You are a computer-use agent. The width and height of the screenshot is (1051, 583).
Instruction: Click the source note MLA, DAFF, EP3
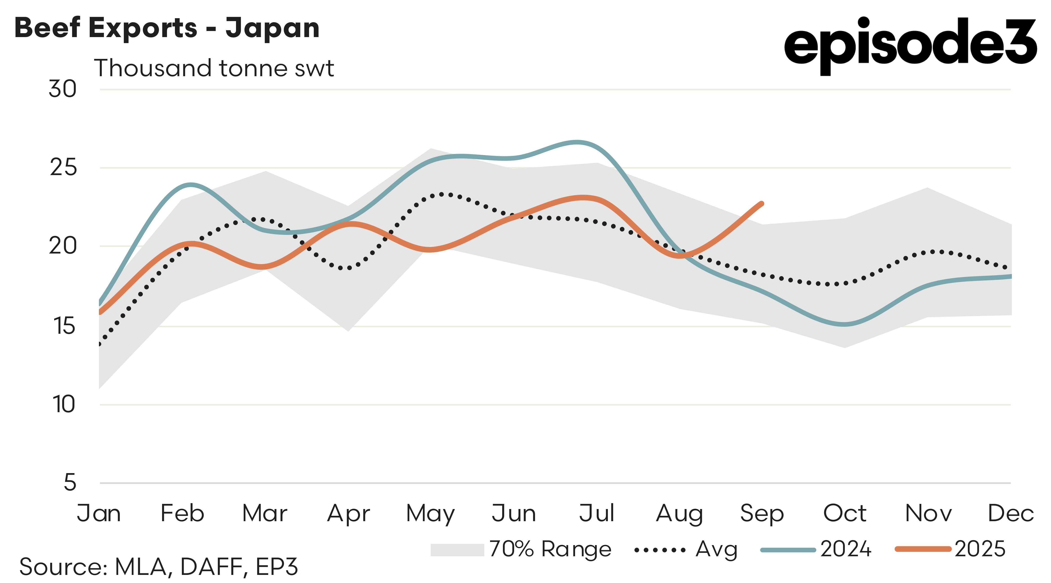159,567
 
